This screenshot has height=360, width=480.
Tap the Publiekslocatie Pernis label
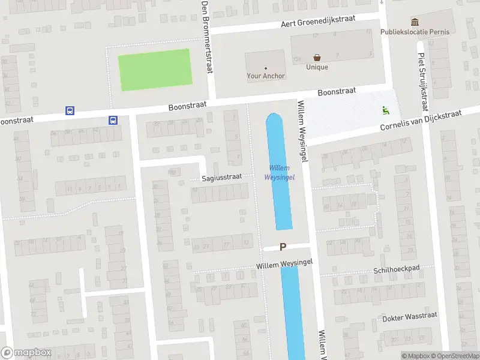pos(415,32)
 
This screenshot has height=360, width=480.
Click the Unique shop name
pos(317,67)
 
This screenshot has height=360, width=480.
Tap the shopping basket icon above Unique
pos(317,58)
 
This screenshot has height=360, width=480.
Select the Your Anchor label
pos(266,76)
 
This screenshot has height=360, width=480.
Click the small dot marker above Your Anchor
pos(266,68)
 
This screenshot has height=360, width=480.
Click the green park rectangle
pos(155,70)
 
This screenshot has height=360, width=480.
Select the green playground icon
pos(385,110)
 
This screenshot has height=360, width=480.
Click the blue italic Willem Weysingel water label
pos(278,172)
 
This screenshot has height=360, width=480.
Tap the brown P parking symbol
pos(283,247)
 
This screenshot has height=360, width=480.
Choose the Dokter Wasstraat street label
pos(410,316)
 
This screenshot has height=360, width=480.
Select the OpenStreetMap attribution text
pos(455,356)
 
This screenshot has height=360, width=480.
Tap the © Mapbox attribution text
pos(415,356)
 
